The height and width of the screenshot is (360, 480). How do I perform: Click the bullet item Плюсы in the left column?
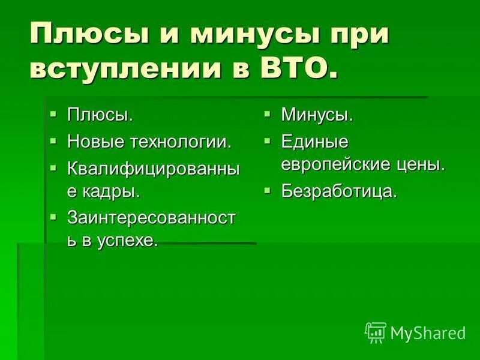tap(99, 114)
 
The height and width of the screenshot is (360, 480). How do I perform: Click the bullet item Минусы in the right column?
tap(317, 114)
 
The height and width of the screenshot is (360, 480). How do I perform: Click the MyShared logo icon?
tap(376, 332)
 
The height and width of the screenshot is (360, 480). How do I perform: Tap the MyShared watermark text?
tap(427, 332)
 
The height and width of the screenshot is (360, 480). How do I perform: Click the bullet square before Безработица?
tap(268, 190)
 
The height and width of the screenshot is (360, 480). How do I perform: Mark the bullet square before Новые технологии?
tap(54, 140)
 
